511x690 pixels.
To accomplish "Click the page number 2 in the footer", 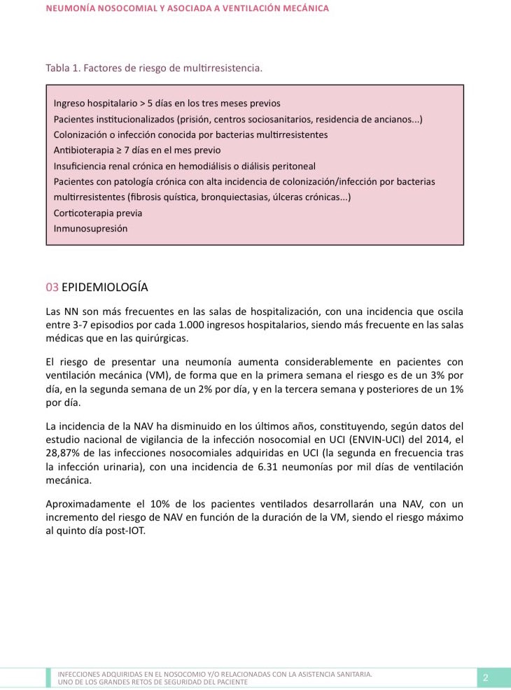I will click(485, 677).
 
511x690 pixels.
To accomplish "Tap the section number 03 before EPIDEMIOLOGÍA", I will click(52, 287).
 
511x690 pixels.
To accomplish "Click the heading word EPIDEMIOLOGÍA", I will click(105, 287).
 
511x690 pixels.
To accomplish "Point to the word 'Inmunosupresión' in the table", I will click(90, 228).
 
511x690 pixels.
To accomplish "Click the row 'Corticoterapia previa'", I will click(97, 213).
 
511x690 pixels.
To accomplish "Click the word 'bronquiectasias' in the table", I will click(234, 197).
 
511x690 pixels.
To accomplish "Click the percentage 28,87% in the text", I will click(65, 452).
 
